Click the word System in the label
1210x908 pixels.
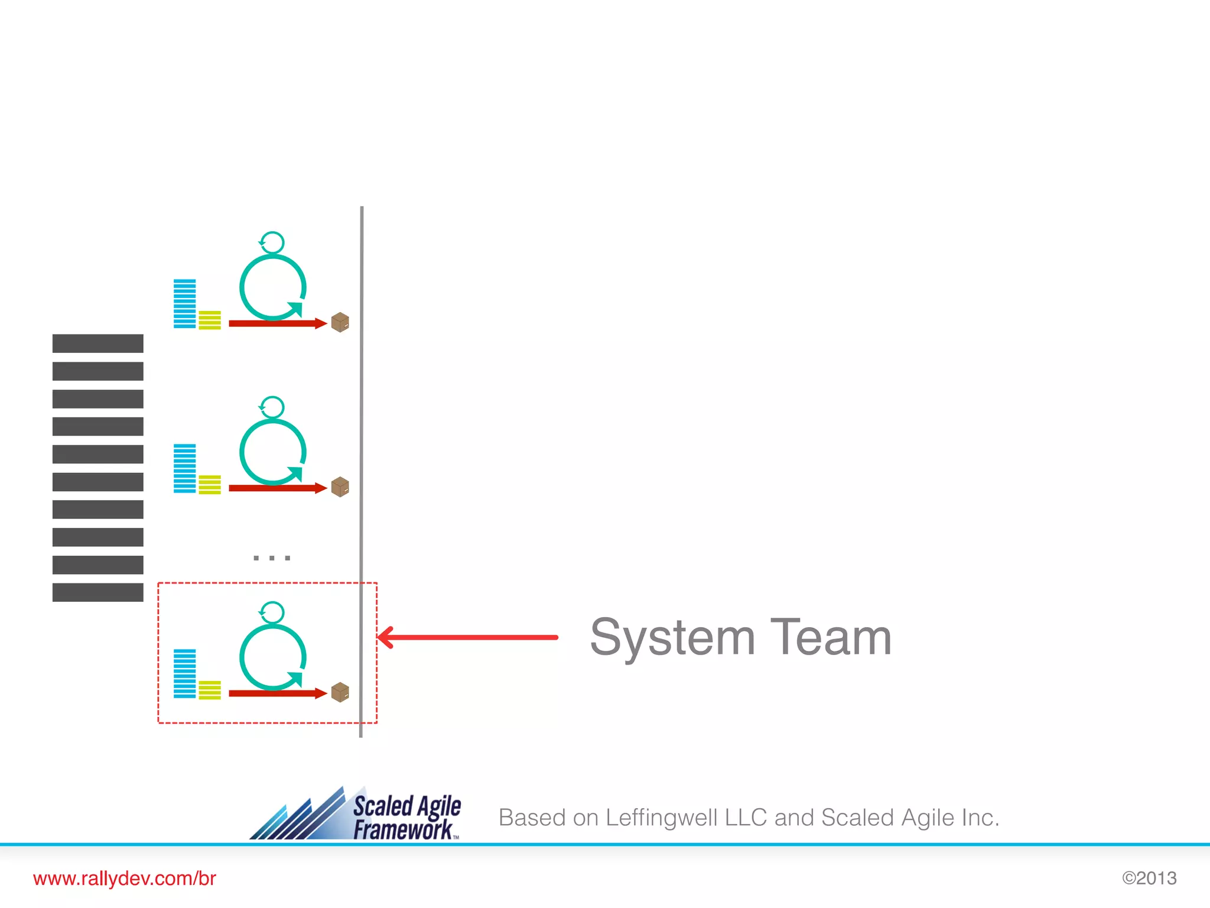[672, 637]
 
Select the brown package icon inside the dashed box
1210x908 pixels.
[340, 692]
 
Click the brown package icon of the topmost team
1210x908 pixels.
[340, 322]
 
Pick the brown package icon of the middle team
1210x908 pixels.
[340, 487]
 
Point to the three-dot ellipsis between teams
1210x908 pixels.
[272, 557]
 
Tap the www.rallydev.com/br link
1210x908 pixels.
[125, 878]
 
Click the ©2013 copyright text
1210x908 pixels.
[1149, 878]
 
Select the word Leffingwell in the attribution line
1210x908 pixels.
[661, 818]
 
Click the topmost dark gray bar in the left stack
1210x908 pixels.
[98, 343]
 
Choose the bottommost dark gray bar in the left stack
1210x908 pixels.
[98, 592]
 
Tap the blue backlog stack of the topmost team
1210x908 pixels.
[184, 304]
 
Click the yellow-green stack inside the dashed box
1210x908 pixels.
[210, 690]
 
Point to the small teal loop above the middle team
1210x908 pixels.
[272, 407]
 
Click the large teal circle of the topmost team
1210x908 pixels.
[272, 287]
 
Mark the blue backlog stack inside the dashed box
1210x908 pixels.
[184, 674]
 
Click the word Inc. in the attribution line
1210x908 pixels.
[980, 818]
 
